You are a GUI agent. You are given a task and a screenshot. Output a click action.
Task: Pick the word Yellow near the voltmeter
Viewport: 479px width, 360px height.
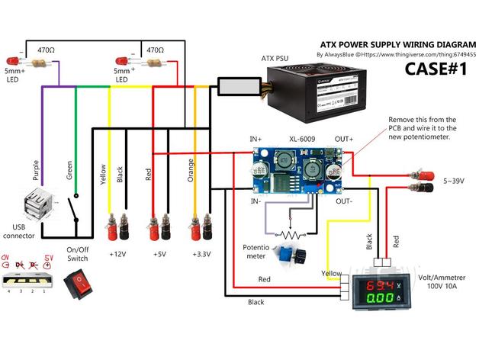(x=331, y=273)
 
